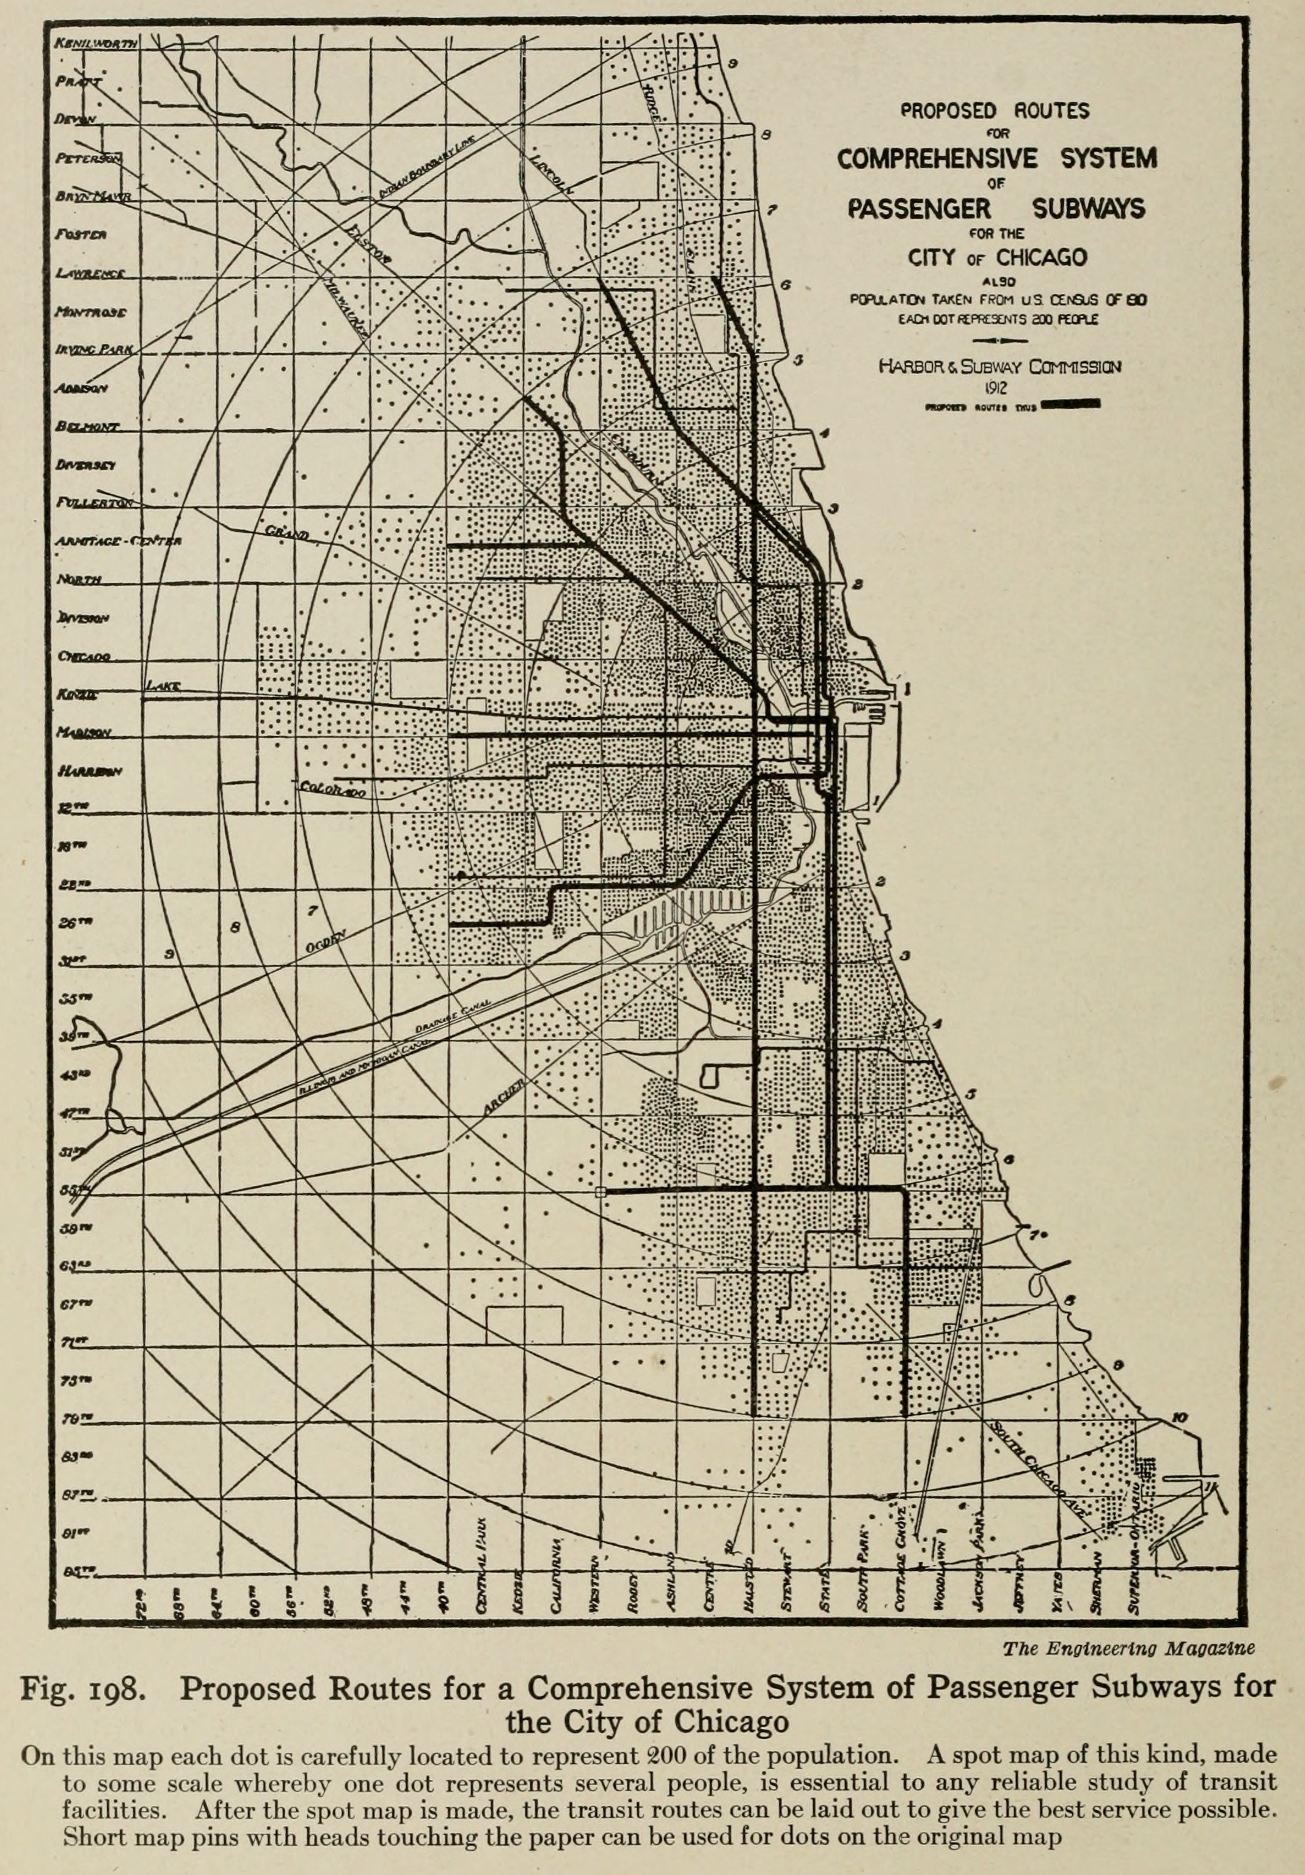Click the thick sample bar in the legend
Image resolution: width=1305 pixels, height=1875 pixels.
[1070, 403]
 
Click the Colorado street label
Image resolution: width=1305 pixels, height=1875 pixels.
[331, 791]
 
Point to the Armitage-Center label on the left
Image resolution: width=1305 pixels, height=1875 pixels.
[119, 541]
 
